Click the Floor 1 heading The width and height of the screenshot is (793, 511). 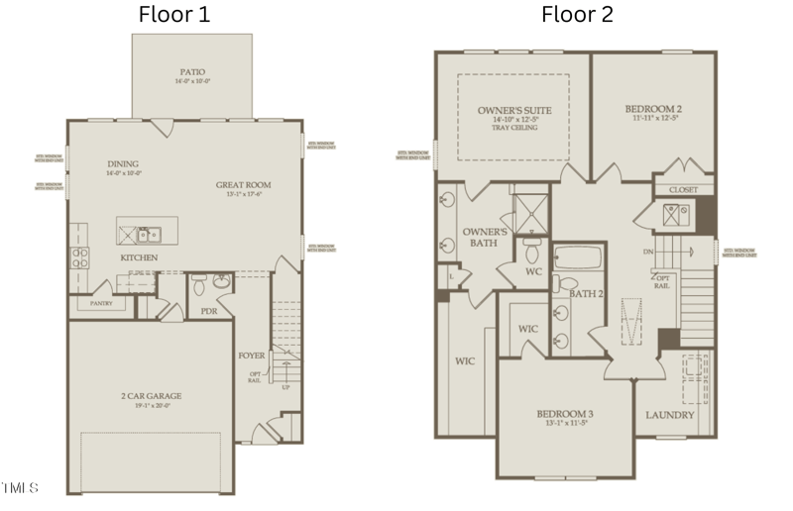(x=173, y=15)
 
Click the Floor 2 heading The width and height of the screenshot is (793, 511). (x=577, y=15)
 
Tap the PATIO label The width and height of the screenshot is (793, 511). (x=192, y=72)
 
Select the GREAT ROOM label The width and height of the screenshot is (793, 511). (x=244, y=185)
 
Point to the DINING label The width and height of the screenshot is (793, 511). (x=123, y=164)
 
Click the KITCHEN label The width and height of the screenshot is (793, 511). (x=139, y=258)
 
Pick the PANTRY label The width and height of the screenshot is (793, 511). (x=101, y=304)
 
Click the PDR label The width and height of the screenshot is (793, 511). (x=209, y=311)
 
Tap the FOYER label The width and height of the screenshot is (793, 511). (x=252, y=355)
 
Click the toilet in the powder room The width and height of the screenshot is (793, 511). (x=198, y=285)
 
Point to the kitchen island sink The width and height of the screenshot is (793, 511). (x=150, y=235)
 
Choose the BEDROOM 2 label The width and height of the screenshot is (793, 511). (x=653, y=109)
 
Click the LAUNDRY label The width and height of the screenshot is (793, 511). (x=670, y=415)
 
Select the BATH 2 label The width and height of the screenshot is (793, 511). (x=587, y=293)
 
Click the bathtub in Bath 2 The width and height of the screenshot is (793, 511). (x=576, y=260)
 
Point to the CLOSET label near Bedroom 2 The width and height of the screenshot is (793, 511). (x=683, y=189)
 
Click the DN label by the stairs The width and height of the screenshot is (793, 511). (x=648, y=252)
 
